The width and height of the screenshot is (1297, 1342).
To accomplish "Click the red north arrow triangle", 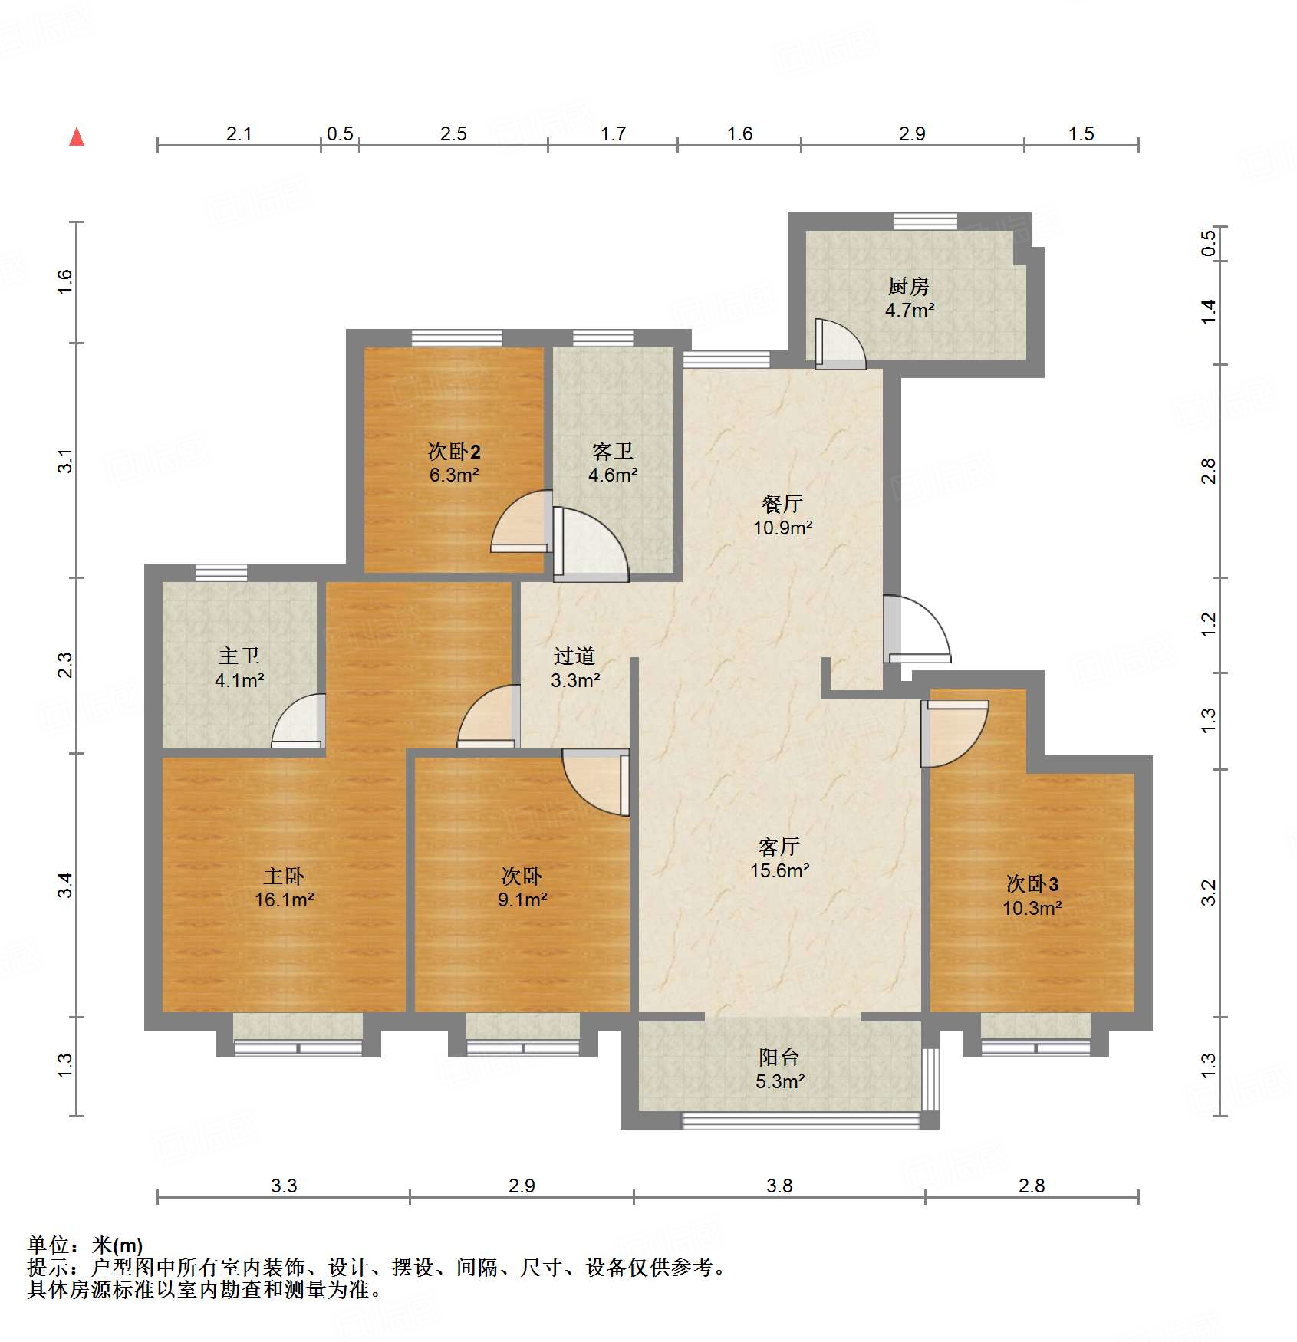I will click(x=77, y=137).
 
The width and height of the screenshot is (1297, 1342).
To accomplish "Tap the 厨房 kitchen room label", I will click(x=909, y=298).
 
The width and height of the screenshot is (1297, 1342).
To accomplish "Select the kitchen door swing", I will click(x=839, y=343).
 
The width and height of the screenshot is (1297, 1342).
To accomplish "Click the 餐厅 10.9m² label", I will click(x=782, y=515).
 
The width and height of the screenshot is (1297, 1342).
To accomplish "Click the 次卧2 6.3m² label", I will click(x=454, y=462).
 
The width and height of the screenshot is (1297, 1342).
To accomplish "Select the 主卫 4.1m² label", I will click(x=239, y=668).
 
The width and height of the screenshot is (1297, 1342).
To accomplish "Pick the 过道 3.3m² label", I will click(x=574, y=668).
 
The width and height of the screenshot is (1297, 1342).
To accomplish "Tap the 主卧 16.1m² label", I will click(x=284, y=887).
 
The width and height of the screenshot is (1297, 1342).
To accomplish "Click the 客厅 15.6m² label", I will click(x=779, y=858).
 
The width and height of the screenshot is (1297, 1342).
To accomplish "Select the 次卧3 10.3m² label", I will click(x=1032, y=896).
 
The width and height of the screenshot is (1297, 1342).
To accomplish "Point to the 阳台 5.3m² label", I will click(x=779, y=1069).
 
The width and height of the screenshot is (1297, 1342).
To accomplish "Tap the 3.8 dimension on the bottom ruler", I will click(x=779, y=1186).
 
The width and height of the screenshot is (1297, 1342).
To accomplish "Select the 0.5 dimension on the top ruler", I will click(x=340, y=134).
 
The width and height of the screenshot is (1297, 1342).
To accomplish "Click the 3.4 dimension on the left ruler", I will click(x=67, y=885).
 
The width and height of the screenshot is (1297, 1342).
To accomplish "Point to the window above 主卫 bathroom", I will click(x=221, y=572).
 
